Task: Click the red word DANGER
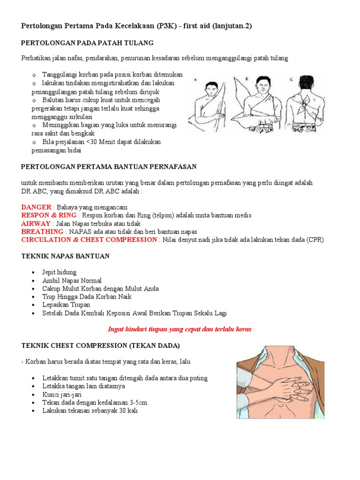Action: click(36, 207)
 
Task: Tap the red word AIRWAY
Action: click(36, 224)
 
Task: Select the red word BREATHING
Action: click(42, 232)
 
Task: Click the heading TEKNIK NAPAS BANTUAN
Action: click(66, 256)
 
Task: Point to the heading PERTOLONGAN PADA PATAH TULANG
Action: click(88, 43)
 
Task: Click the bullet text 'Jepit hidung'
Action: click(59, 272)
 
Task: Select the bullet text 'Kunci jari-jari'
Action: click(62, 395)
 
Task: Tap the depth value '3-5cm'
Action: click(137, 403)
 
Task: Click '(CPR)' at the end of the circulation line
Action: click(315, 240)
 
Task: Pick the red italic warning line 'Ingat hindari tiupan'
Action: click(180, 329)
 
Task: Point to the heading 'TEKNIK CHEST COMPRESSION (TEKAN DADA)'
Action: click(100, 345)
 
